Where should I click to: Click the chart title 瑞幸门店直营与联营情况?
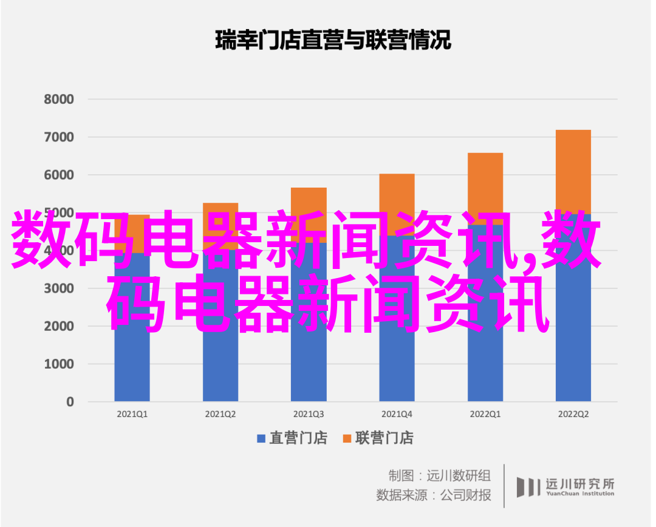[x=333, y=41]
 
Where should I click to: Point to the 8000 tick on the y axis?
[x=59, y=100]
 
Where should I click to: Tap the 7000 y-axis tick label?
[x=59, y=137]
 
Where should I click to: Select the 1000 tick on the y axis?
[x=59, y=364]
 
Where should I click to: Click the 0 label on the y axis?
[x=70, y=401]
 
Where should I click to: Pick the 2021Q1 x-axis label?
[x=132, y=414]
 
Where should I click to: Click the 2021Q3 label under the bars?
[x=309, y=414]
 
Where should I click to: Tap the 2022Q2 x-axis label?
[x=573, y=414]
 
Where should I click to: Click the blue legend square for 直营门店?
[x=261, y=438]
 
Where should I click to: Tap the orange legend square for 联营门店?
[x=347, y=438]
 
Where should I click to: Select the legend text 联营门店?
[x=384, y=438]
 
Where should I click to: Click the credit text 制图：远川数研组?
[x=439, y=475]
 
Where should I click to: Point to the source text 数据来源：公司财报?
[x=434, y=495]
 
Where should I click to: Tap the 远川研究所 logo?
[x=565, y=486]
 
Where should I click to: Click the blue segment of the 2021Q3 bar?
[x=309, y=364]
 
